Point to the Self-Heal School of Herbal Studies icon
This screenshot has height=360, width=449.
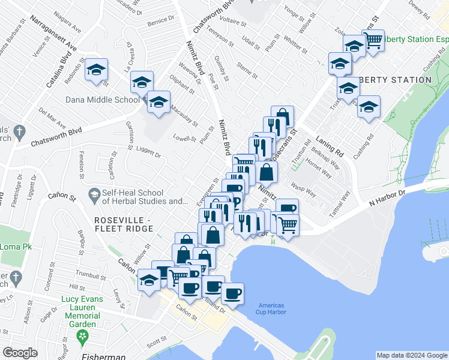pyautogui.click(x=94, y=194)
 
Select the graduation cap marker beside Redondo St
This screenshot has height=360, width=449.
pyautogui.click(x=96, y=70)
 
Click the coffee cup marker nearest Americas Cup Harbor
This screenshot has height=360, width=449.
pyautogui.click(x=232, y=293)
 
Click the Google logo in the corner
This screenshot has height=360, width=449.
pyautogui.click(x=20, y=352)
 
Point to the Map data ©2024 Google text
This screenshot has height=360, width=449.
pyautogui.click(x=411, y=355)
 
